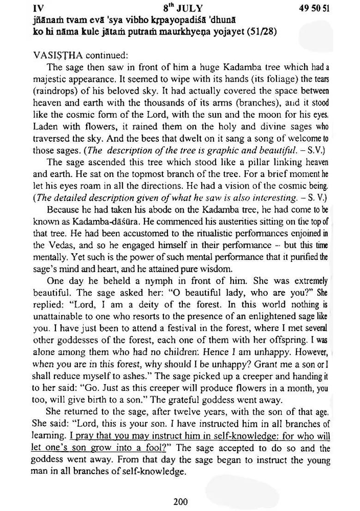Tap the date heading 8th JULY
click(183, 8)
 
